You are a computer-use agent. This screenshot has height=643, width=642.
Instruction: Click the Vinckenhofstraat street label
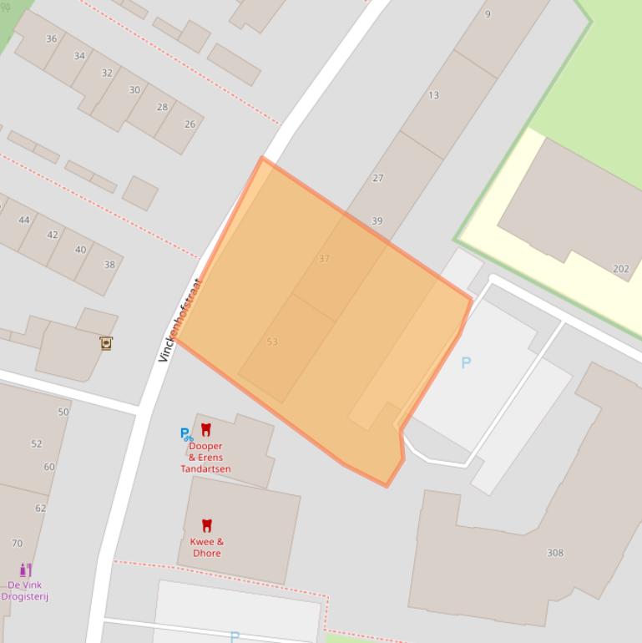click(180, 320)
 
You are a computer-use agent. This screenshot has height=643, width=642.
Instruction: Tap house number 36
click(52, 39)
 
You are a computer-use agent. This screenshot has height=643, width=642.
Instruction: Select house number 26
click(190, 124)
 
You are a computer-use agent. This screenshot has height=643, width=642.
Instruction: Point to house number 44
click(24, 220)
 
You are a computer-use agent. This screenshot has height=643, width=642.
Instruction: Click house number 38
click(109, 265)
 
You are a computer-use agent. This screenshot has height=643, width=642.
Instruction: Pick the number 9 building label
click(488, 14)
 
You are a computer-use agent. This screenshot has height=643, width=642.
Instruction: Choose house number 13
click(433, 95)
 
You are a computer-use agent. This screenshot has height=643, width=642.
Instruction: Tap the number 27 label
click(378, 178)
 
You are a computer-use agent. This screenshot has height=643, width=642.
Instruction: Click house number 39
click(377, 221)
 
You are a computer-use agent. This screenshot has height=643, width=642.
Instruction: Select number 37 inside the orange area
click(324, 259)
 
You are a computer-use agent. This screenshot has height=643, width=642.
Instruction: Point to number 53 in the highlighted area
click(272, 342)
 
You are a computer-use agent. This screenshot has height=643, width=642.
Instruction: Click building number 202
click(621, 269)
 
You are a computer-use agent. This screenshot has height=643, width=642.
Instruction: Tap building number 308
click(554, 553)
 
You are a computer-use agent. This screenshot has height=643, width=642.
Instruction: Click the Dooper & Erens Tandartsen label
click(205, 458)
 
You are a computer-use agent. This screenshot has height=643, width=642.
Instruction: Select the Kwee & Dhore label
click(207, 548)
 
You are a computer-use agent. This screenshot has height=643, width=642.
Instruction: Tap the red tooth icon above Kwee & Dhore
click(207, 525)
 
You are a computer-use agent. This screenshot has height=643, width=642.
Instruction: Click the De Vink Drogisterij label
click(25, 591)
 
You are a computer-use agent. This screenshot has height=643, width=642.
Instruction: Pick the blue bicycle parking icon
click(186, 434)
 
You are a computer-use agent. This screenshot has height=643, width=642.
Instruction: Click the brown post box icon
click(106, 343)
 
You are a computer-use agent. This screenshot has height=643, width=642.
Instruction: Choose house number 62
click(41, 508)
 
